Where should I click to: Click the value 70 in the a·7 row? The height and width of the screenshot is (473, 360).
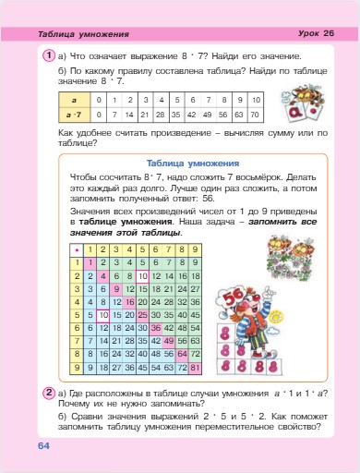257,115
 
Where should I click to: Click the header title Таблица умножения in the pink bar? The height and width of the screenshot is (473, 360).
85,34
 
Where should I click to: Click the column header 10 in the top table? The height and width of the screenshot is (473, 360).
257,98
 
